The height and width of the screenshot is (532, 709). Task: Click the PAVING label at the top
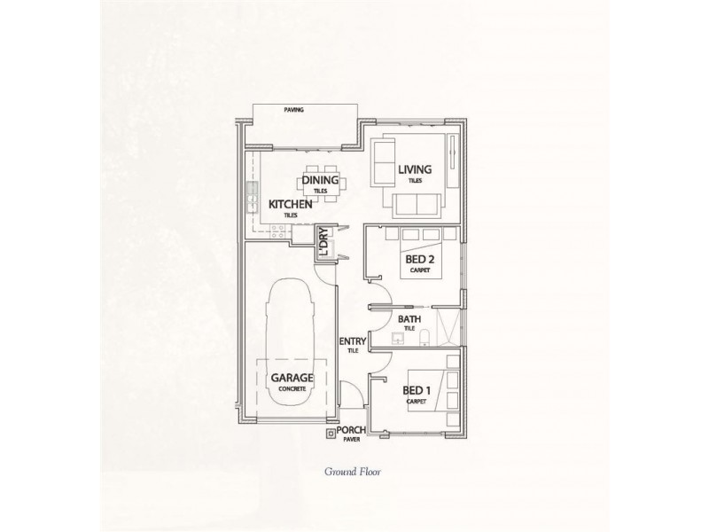click(x=294, y=110)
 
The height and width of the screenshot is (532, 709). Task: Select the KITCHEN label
click(x=290, y=205)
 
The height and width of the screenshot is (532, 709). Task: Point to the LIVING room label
click(x=414, y=169)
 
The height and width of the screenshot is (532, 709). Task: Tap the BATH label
click(x=409, y=319)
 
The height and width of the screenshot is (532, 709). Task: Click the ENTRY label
click(x=352, y=341)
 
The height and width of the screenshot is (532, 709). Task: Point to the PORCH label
click(x=352, y=429)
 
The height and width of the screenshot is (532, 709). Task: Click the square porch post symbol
click(x=331, y=434)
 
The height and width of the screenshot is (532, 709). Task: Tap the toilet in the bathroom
click(x=427, y=335)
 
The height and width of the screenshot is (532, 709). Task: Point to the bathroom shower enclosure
click(x=451, y=325)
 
